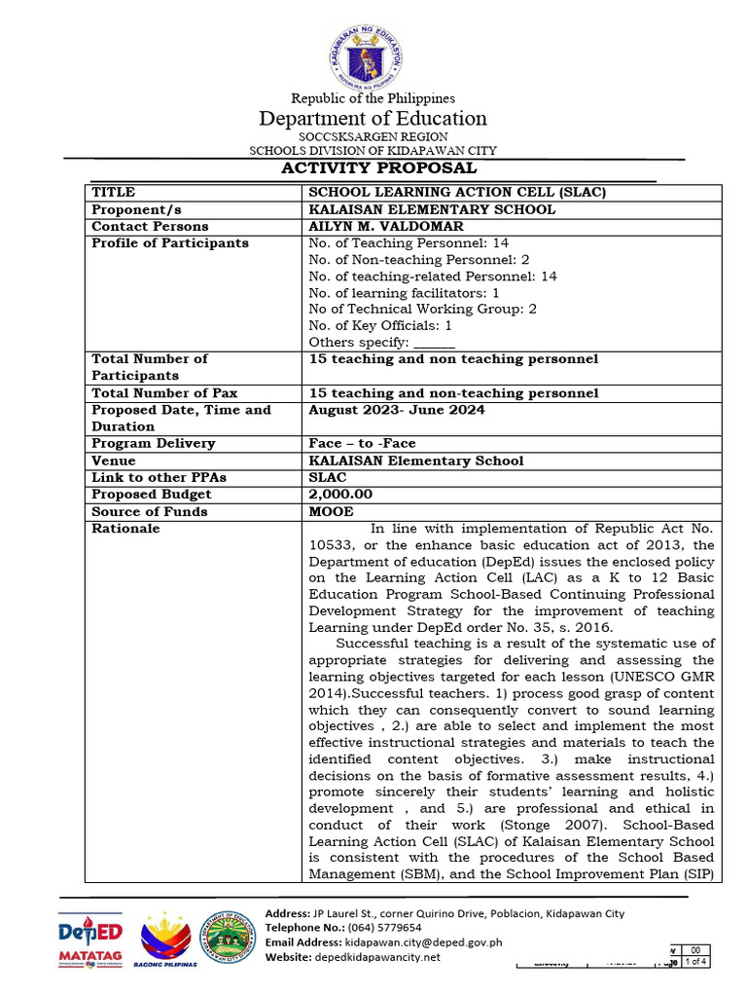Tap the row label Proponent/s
click(136, 209)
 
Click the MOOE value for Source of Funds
click(331, 511)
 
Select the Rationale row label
click(125, 529)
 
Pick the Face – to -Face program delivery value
click(362, 443)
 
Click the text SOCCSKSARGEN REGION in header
click(373, 137)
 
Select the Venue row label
click(114, 461)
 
